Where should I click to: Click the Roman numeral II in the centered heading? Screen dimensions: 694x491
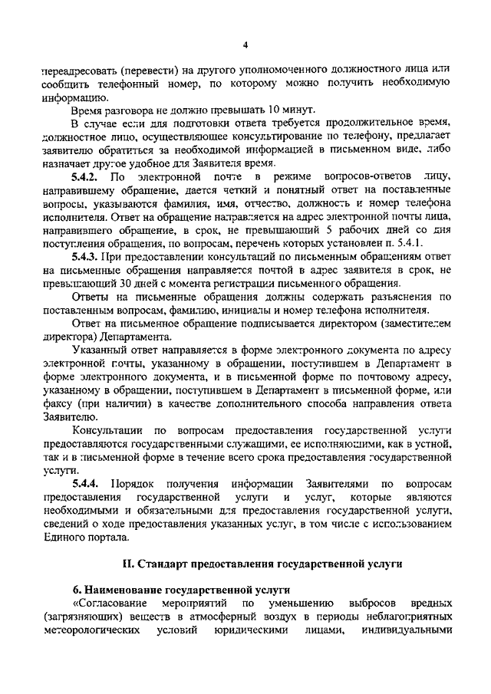pos(130,563)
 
